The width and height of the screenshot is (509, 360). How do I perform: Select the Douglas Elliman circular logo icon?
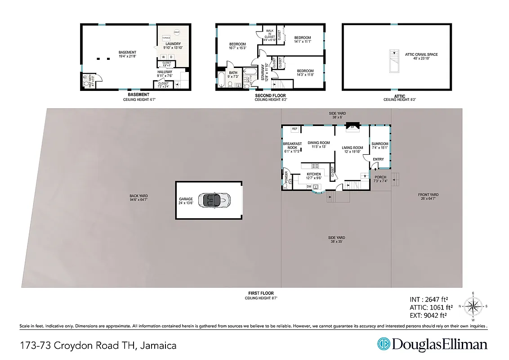click(x=384, y=344)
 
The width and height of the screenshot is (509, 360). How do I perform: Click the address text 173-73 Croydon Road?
click(x=98, y=346)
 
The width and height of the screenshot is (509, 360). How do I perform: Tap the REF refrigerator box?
click(x=295, y=129)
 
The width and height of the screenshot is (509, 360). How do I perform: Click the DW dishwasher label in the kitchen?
click(x=309, y=186)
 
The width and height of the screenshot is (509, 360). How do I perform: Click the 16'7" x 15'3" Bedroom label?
click(x=237, y=46)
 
